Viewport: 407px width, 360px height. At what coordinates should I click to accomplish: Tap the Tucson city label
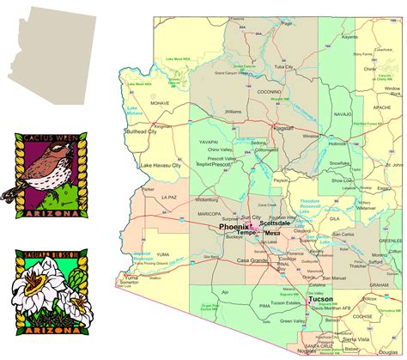click(x=321, y=300)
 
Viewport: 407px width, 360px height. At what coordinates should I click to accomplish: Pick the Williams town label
click(x=233, y=112)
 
